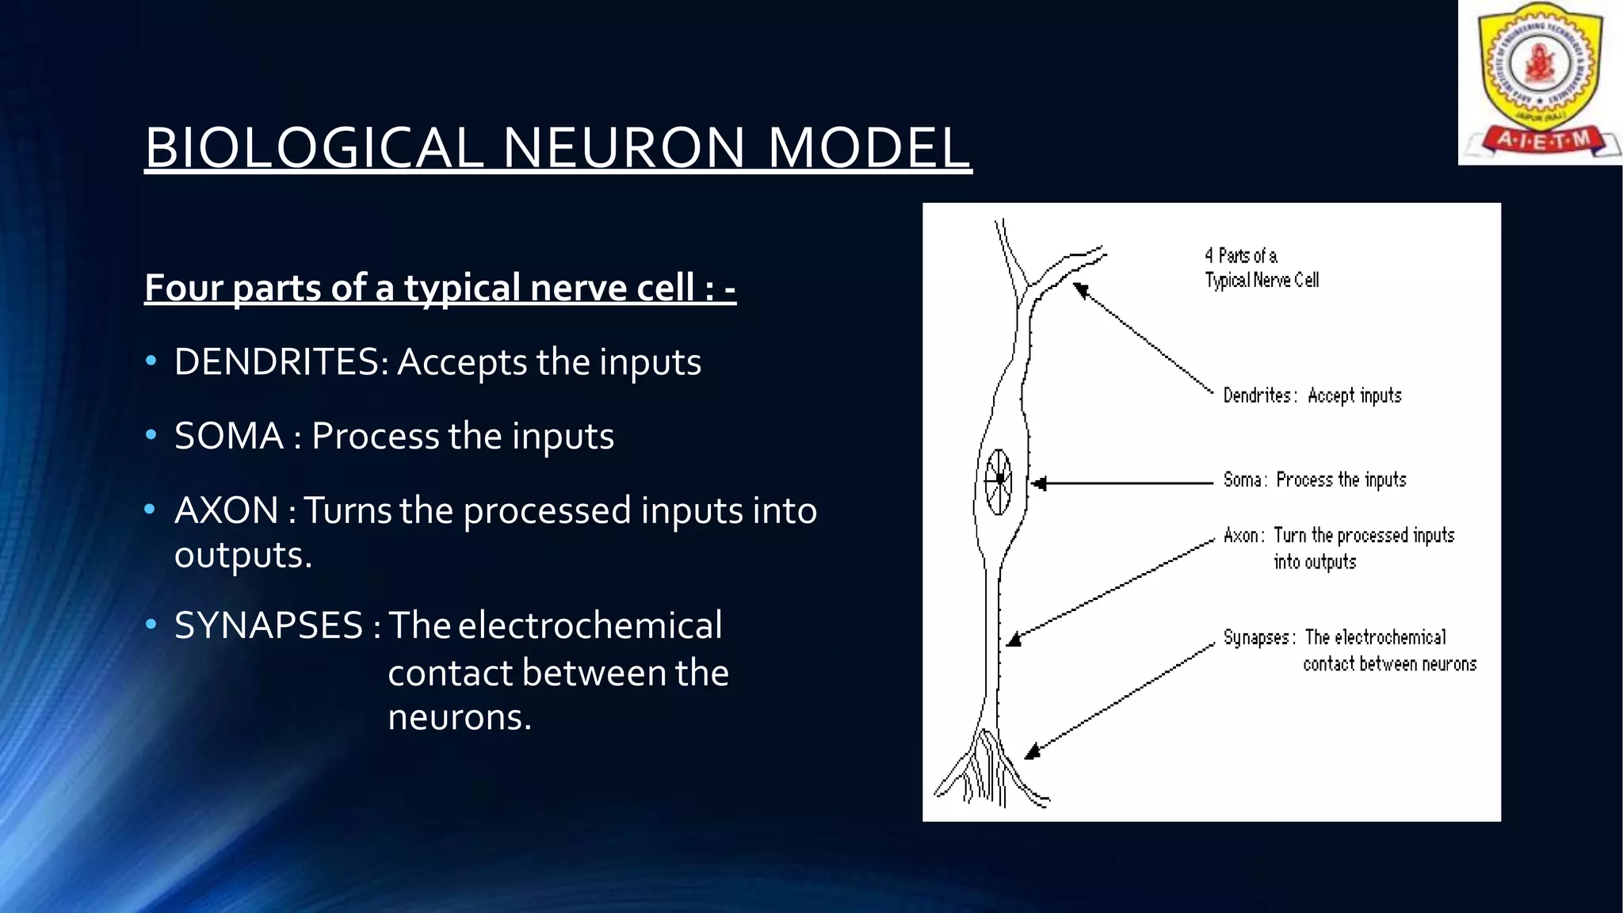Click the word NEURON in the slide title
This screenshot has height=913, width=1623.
click(624, 148)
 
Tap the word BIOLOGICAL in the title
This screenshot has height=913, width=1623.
click(314, 148)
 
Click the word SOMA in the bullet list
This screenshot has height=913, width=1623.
click(229, 436)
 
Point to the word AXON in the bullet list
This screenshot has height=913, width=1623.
click(227, 510)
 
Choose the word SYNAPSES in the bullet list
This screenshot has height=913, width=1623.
click(269, 625)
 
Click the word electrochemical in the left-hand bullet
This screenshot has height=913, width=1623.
click(590, 625)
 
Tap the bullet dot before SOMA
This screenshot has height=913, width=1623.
click(151, 436)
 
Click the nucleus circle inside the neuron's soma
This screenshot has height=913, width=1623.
click(999, 480)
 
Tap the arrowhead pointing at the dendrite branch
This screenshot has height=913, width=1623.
click(1080, 290)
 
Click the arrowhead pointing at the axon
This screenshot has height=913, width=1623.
click(1014, 639)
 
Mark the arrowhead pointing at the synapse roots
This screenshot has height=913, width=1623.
click(1032, 751)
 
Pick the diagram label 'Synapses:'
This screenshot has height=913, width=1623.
click(1259, 638)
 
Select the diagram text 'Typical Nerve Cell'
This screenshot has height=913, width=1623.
click(1262, 280)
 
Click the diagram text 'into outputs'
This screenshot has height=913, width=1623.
click(1315, 562)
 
